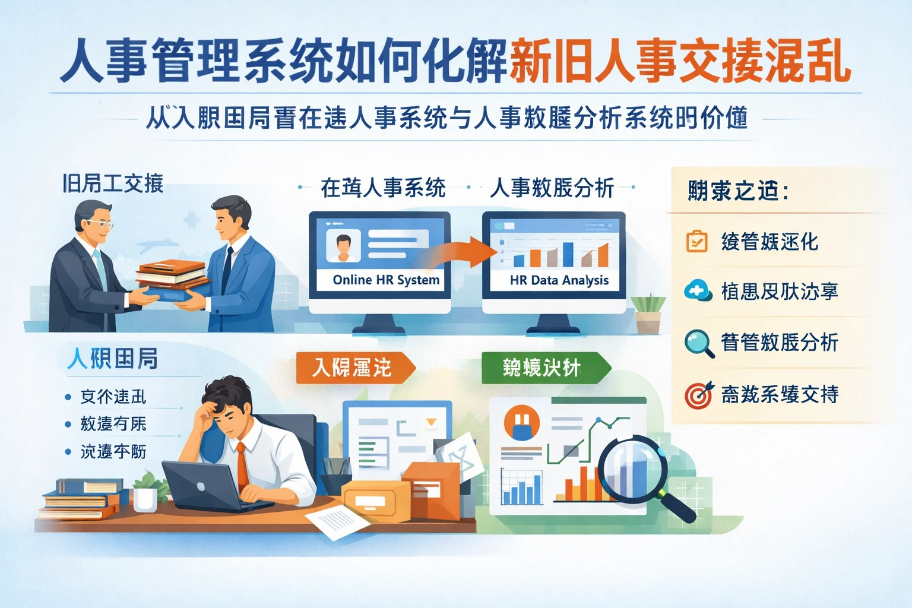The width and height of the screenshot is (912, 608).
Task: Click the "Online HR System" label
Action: (x=386, y=280)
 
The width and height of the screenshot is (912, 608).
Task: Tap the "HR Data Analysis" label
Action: (x=559, y=280)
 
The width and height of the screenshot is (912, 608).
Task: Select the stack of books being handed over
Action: (x=172, y=279)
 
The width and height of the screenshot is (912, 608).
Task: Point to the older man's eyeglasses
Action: (x=99, y=224)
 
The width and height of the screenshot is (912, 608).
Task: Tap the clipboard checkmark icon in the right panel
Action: (x=696, y=242)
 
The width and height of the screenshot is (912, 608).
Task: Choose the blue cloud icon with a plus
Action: (x=697, y=292)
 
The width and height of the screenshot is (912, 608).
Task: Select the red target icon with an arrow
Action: (x=699, y=394)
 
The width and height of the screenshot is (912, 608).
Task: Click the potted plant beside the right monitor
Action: (x=648, y=313)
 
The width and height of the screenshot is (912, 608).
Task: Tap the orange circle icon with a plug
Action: (x=521, y=423)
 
